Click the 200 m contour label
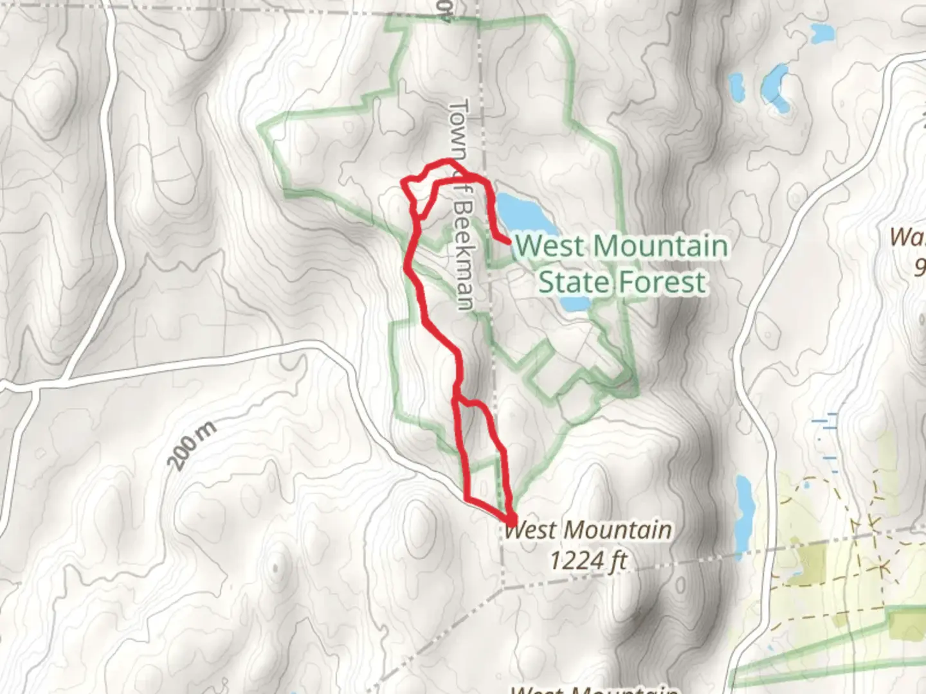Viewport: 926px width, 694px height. coord(191,443)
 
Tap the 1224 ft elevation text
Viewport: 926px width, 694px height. coord(588,561)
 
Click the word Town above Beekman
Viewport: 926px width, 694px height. coord(459,129)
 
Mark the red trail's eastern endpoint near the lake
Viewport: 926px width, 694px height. coord(509,242)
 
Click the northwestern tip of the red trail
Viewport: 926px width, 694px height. coord(404,182)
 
